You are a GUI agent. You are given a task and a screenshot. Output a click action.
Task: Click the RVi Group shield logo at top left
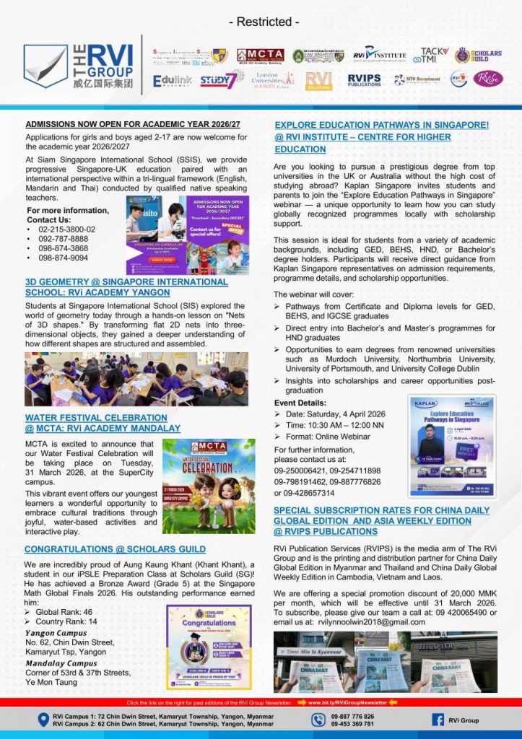click(x=45, y=66)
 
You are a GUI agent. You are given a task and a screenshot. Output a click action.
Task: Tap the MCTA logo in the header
click(x=260, y=56)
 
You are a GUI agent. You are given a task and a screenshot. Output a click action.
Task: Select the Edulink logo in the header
click(x=172, y=81)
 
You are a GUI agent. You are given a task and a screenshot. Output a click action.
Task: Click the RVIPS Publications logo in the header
click(x=364, y=79)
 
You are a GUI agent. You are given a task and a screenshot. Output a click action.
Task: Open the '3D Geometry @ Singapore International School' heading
click(x=126, y=287)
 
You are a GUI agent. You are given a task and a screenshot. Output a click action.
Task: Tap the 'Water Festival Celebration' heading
click(x=96, y=423)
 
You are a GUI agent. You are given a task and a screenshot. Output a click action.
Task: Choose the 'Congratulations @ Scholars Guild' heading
click(x=115, y=549)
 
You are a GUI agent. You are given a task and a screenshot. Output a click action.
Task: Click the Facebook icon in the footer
click(x=438, y=720)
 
